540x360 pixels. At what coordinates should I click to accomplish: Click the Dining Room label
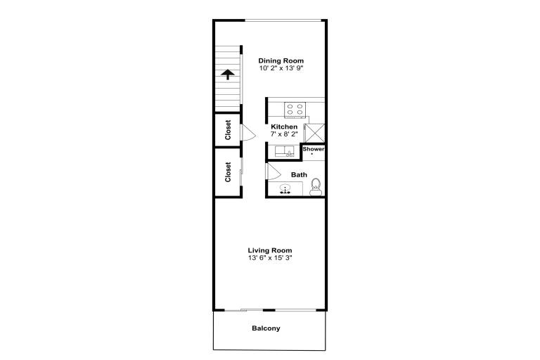coord(281,61)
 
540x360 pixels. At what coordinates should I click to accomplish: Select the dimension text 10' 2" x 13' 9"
coord(281,68)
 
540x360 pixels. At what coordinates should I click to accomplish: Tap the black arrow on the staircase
coord(228,75)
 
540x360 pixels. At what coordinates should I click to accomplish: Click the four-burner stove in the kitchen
coord(295,110)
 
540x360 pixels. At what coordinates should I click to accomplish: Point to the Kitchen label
coord(284,127)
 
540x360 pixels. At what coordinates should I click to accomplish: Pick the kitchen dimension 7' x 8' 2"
coord(284,134)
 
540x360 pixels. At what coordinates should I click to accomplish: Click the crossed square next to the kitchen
coord(315,133)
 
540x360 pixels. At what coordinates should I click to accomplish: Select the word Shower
coord(314,149)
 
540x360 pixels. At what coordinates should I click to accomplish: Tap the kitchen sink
coord(285,152)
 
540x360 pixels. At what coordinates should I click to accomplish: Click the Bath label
coord(299,175)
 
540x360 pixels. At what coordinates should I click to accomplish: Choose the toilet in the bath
coord(316,187)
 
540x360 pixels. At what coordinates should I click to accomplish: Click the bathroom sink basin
coord(285,189)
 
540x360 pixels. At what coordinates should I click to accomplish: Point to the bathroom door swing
coord(274,172)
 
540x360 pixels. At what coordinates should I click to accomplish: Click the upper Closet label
coord(228,130)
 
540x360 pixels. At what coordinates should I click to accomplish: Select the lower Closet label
coord(228,172)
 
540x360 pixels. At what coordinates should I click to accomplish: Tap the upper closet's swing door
coord(248,132)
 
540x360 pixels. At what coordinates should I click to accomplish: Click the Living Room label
coord(270,250)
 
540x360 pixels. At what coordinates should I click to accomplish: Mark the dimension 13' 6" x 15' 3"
coord(270,257)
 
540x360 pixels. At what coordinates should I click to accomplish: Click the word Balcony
coord(266,328)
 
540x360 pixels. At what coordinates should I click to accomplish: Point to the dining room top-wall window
coord(283,20)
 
